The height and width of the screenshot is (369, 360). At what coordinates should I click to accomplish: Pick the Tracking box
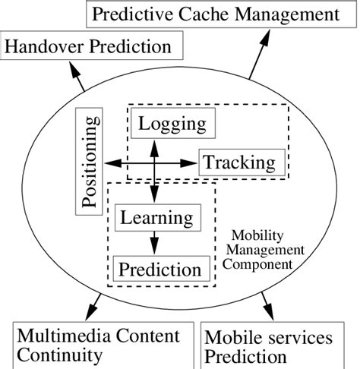[x=242, y=162]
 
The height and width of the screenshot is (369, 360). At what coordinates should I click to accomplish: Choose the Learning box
[x=157, y=218]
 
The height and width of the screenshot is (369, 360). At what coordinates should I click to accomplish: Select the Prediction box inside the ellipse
[x=159, y=269]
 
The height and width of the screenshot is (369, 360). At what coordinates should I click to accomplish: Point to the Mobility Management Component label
[x=262, y=250]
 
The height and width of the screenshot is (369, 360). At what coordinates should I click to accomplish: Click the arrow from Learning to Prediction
[x=155, y=243]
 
